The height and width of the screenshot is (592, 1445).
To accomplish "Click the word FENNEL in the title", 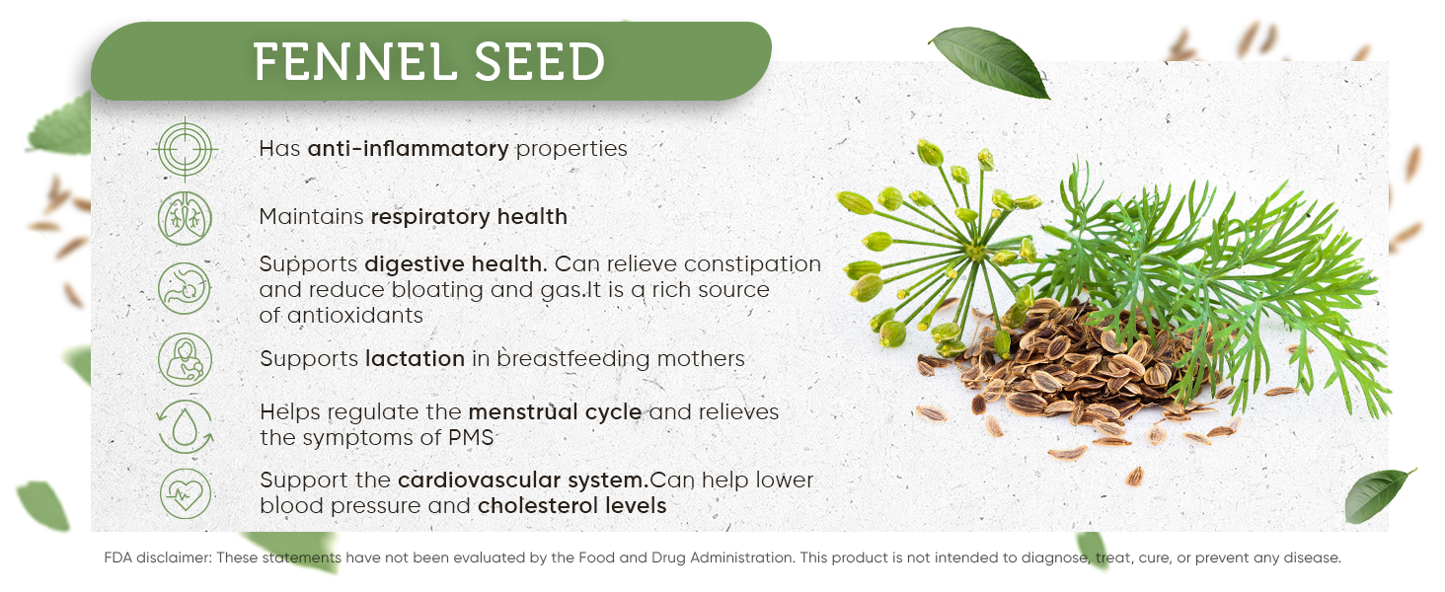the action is click(354, 62).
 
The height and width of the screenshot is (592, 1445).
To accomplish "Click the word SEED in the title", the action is click(540, 62).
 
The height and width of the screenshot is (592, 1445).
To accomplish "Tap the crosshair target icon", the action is click(186, 150).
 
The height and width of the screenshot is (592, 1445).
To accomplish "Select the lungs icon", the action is click(186, 218).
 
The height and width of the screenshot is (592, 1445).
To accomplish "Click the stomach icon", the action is click(185, 288).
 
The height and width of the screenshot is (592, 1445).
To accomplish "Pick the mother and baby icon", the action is click(186, 359).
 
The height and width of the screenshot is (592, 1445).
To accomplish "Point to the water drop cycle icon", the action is click(186, 427).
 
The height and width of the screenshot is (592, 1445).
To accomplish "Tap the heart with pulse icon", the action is click(186, 494).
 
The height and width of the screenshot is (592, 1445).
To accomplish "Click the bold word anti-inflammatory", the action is click(409, 148).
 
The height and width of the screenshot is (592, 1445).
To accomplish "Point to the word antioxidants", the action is click(355, 316).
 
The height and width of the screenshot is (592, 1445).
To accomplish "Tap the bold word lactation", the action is click(415, 358).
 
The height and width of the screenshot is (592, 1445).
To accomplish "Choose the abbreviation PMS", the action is click(471, 438).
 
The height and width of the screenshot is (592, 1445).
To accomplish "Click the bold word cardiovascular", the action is click(480, 481).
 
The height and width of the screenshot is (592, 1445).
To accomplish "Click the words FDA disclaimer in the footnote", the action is click(157, 557).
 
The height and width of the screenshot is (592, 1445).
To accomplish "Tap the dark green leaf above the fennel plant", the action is click(989, 62).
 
